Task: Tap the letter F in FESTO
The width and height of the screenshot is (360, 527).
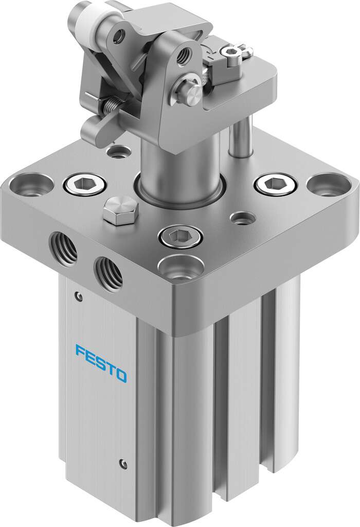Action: click(81, 353)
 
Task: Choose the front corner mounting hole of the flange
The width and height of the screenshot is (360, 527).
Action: click(179, 268)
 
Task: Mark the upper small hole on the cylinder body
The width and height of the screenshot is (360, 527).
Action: click(78, 296)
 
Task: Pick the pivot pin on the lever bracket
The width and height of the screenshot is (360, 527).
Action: click(194, 93)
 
